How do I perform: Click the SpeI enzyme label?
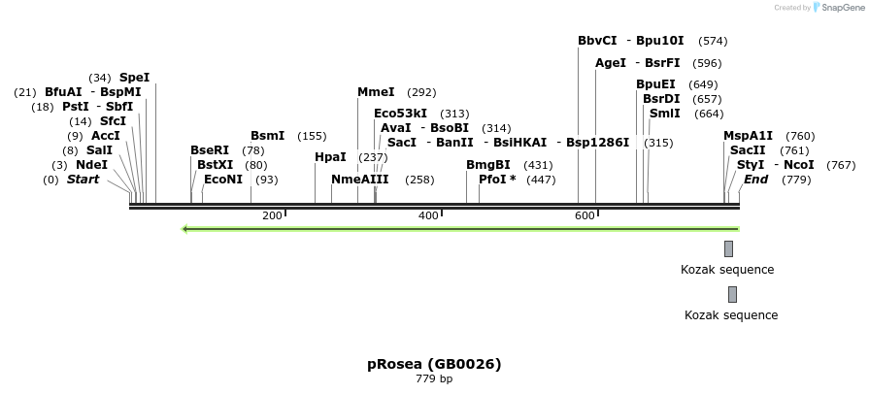pos(134,78)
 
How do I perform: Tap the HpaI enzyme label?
pos(330,156)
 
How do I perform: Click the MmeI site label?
pos(376,92)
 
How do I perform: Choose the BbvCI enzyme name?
pos(597,41)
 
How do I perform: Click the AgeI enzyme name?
pos(611,63)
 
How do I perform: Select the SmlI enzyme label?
pos(665,114)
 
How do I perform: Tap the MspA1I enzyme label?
pos(748,136)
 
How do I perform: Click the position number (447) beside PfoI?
pos(542,180)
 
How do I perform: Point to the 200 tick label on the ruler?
pos(272,215)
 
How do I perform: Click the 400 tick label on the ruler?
pos(428,215)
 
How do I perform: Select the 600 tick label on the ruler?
pos(585,215)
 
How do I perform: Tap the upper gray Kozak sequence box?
pos(728,249)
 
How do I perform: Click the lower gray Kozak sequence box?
pos(732,294)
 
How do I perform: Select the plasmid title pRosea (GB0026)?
pos(434,364)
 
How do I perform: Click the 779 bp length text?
pos(434,378)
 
